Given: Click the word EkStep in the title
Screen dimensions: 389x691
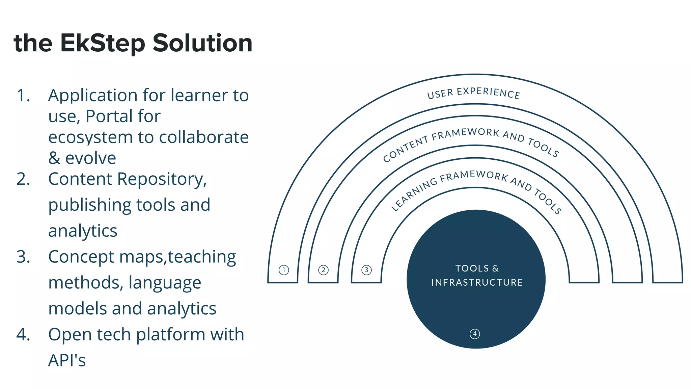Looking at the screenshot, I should [103, 43].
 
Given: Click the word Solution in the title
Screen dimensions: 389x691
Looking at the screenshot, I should [202, 43].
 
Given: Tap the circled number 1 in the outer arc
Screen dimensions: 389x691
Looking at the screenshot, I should [284, 270].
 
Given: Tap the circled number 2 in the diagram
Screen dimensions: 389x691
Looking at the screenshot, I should [323, 270].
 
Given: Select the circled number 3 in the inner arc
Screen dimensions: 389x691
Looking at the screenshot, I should [366, 270].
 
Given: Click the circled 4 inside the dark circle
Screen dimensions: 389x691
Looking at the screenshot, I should [475, 334].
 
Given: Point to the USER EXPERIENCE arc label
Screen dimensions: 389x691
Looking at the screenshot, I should [474, 93].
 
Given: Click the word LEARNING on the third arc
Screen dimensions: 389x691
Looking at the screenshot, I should [413, 194].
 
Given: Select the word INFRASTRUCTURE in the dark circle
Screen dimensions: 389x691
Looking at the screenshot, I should [477, 282].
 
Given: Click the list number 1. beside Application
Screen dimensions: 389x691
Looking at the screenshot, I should [23, 96].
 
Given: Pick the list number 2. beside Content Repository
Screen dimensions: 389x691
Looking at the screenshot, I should [23, 179].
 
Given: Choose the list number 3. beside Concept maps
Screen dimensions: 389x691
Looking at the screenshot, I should [23, 257].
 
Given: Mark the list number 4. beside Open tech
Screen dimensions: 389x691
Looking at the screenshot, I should [23, 335].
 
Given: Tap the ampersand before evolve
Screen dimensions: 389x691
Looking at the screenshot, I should [54, 158].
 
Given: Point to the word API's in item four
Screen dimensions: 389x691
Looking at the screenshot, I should [67, 360].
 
